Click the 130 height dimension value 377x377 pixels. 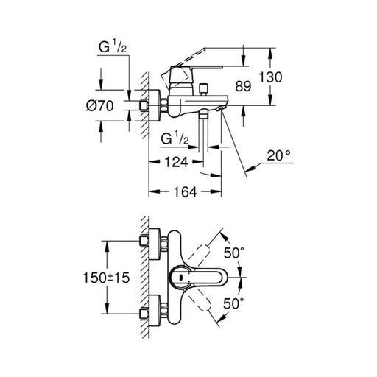[271, 77]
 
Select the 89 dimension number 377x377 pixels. [243, 86]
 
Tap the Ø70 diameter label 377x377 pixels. [100, 106]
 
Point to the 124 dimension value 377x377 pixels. [176, 162]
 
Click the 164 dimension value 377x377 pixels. [186, 191]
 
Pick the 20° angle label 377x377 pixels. [279, 155]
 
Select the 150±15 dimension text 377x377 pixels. [106, 278]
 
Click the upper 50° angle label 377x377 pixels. [234, 253]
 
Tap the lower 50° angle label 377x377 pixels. [234, 303]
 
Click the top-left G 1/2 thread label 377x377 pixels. [113, 47]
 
